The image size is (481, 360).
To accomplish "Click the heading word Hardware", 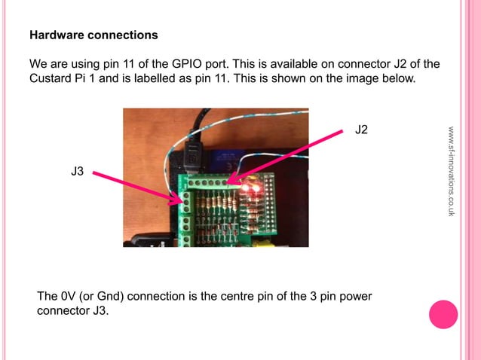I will point(55,35).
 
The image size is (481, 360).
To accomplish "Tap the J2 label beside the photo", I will point(362,130).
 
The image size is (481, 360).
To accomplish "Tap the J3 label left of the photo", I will point(77,172).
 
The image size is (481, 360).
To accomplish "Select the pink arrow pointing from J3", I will point(136,186).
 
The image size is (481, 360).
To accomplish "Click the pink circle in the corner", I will point(443,314).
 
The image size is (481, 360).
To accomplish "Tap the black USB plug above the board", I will point(191,157).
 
